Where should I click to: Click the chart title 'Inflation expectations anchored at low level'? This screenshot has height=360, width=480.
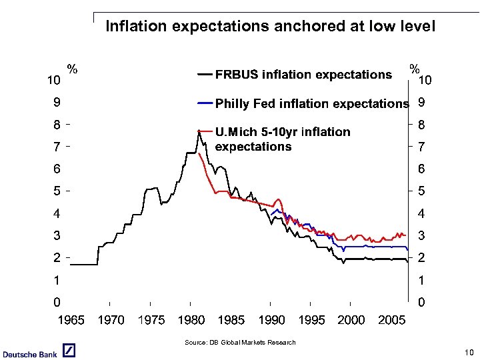[x=270, y=27]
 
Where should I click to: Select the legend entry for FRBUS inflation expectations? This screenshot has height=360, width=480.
[x=303, y=75]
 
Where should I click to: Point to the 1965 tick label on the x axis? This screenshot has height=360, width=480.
[x=71, y=320]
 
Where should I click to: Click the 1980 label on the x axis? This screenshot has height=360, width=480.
[x=191, y=320]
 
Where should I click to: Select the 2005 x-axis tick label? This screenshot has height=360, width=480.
[x=391, y=320]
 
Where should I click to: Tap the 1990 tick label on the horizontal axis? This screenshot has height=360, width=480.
[x=271, y=320]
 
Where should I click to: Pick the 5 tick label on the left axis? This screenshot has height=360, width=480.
[x=58, y=191]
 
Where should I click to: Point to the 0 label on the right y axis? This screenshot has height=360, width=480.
[x=421, y=303]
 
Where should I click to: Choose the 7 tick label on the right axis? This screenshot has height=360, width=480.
[x=421, y=146]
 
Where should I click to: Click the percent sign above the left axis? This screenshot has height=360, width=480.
[x=72, y=69]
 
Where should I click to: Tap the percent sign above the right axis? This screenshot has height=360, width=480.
[x=414, y=69]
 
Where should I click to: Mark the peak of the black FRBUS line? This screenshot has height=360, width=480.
[x=199, y=131]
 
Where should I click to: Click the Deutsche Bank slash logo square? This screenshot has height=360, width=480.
[x=69, y=351]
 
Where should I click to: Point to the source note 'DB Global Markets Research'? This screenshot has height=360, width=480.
[x=239, y=343]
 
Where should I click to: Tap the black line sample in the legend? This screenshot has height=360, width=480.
[x=205, y=75]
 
